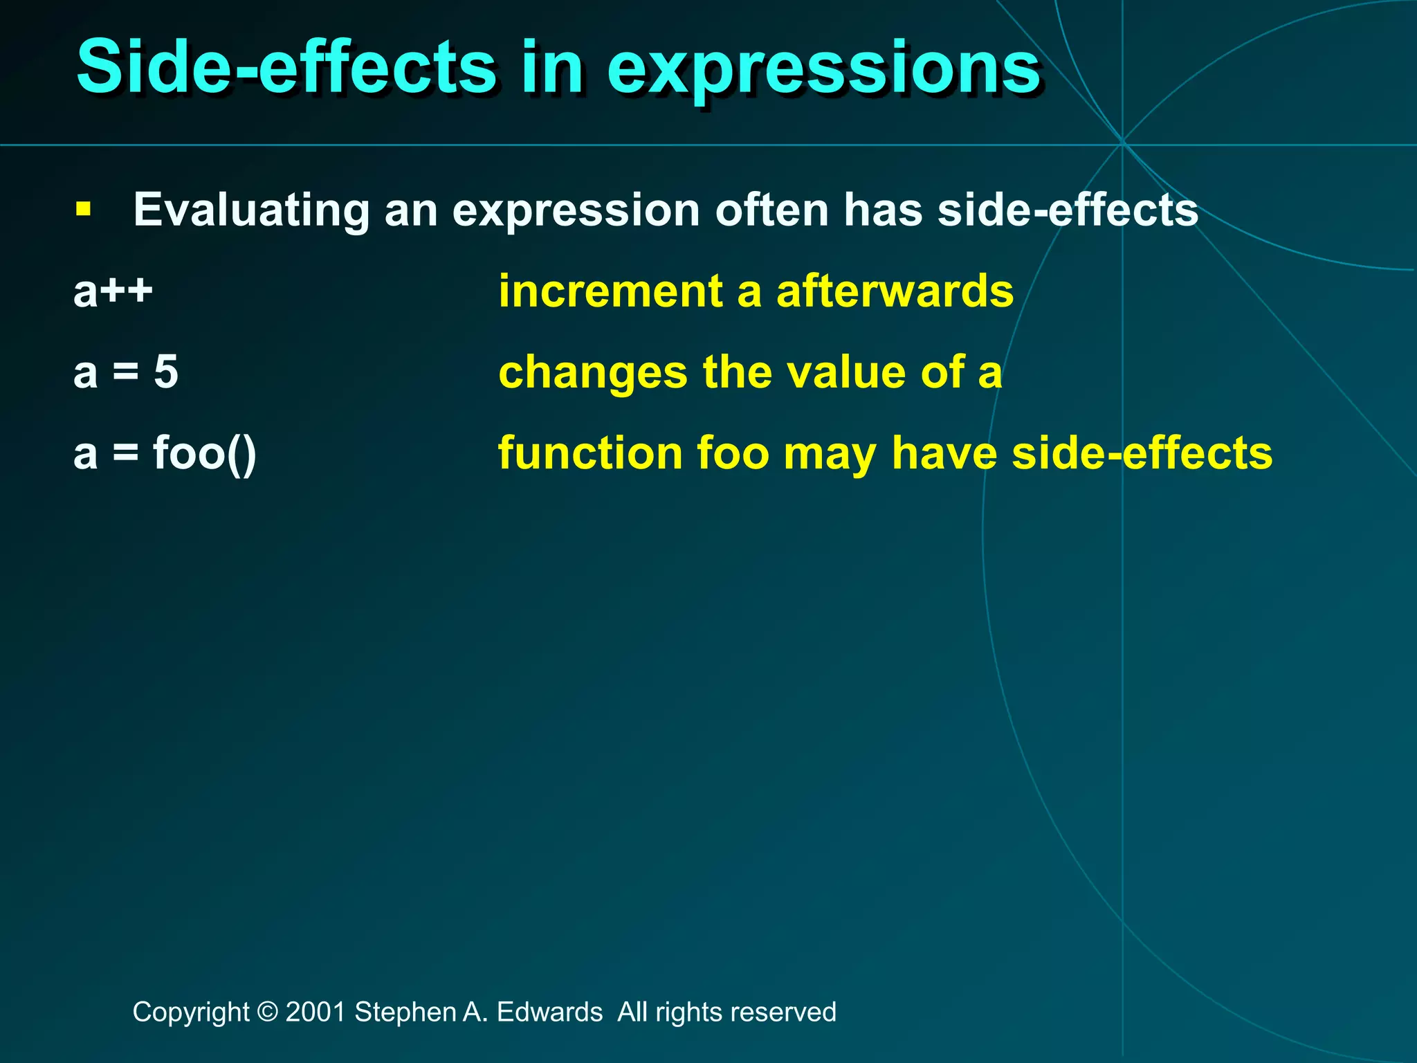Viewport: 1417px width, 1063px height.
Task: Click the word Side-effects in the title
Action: click(285, 67)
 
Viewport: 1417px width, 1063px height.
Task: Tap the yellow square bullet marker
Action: click(84, 208)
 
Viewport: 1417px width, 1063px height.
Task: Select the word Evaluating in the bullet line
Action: click(251, 210)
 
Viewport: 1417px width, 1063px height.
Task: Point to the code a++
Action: click(113, 291)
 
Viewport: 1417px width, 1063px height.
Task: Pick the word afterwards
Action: click(895, 291)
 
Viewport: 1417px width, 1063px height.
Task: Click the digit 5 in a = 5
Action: click(166, 372)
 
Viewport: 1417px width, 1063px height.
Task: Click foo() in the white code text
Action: click(205, 453)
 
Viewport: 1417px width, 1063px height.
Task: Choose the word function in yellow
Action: click(590, 453)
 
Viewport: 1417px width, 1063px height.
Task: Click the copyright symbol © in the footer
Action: click(267, 1012)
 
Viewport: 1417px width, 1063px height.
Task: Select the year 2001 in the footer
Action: click(316, 1012)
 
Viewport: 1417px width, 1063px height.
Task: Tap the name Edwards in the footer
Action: click(549, 1012)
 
